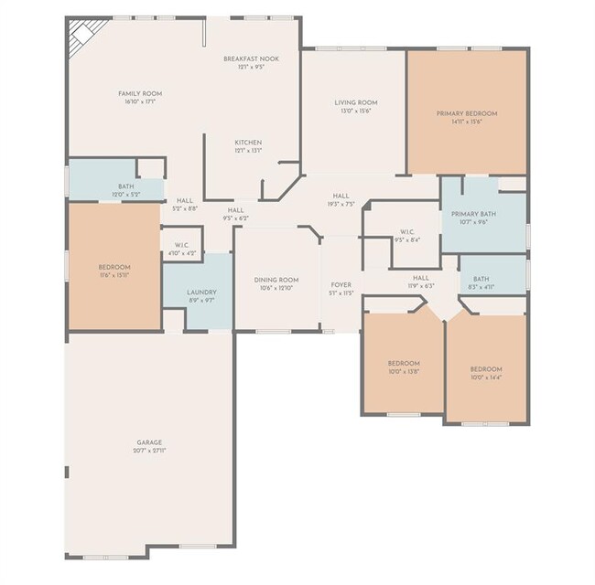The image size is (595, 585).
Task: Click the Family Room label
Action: pyautogui.click(x=140, y=93)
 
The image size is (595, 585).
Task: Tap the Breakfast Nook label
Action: pyautogui.click(x=251, y=58)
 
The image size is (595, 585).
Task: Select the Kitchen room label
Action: pyautogui.click(x=248, y=143)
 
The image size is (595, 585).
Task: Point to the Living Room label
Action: pyautogui.click(x=356, y=102)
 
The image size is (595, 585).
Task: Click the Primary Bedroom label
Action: pyautogui.click(x=467, y=113)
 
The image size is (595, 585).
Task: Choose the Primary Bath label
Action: pyautogui.click(x=472, y=214)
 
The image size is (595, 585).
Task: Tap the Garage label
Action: pyautogui.click(x=150, y=442)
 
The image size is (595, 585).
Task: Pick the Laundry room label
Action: pyautogui.click(x=201, y=292)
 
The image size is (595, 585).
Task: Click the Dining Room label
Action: pyautogui.click(x=276, y=280)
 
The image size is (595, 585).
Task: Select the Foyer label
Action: pyautogui.click(x=341, y=285)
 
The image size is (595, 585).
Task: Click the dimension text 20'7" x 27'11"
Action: pyautogui.click(x=150, y=451)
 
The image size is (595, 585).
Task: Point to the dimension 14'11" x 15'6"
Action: pyautogui.click(x=467, y=122)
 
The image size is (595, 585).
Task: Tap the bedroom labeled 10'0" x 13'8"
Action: pyautogui.click(x=403, y=367)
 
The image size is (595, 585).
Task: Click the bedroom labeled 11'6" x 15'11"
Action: pyautogui.click(x=114, y=271)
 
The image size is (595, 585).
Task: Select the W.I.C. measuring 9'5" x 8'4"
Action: pyautogui.click(x=408, y=236)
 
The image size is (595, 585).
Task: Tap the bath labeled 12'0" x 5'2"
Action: pyautogui.click(x=124, y=190)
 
